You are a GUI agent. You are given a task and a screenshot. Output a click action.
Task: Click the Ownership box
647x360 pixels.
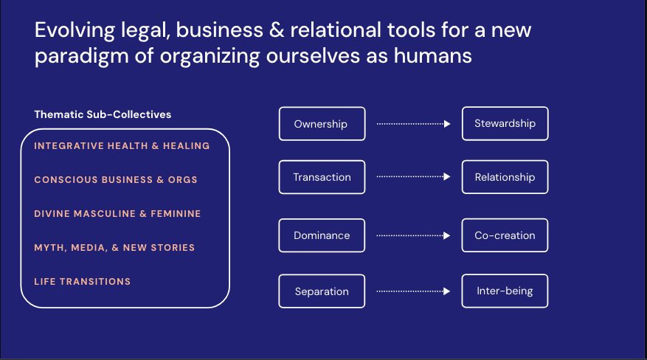point(322,124)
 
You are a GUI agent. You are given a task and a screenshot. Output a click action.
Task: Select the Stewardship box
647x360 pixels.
point(505,124)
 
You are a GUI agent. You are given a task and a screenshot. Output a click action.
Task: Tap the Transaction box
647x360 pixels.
point(322,177)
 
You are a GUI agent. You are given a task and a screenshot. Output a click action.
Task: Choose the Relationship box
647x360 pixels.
point(505,177)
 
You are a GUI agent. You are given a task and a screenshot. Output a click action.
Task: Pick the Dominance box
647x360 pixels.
point(322,236)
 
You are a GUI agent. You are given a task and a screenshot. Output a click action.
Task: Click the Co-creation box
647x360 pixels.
point(505,236)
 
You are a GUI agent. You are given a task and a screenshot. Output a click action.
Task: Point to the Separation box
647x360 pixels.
point(322,291)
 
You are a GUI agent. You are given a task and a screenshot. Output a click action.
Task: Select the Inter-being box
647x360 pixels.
point(505,291)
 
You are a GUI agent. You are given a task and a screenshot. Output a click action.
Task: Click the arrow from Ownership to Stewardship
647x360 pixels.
point(413,124)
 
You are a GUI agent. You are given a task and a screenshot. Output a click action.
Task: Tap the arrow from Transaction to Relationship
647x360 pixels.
point(413,177)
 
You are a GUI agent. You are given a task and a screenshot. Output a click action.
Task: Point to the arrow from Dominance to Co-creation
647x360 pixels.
point(413,236)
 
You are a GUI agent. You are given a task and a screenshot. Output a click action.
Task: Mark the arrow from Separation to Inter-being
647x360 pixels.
point(413,291)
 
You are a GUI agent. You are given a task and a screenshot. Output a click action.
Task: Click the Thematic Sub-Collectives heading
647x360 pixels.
point(103,114)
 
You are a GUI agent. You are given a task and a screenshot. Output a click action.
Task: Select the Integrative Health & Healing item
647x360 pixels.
point(122,146)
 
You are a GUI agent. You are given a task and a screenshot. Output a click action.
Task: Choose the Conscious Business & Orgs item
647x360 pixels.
point(116,180)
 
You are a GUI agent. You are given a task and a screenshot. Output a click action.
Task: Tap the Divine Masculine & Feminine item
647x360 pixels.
point(117,214)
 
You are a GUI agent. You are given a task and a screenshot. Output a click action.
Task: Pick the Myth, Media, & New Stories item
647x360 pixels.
point(114,248)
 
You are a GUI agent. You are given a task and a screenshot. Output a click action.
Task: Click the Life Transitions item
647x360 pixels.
point(83,282)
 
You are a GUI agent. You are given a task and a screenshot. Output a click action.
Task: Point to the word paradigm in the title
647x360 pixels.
point(75,56)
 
